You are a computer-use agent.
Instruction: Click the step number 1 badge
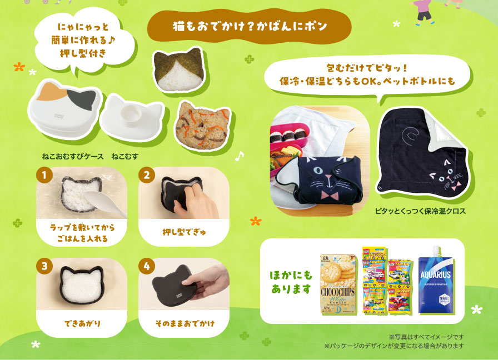(x=43, y=176)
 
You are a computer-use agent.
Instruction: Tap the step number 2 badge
(x=147, y=176)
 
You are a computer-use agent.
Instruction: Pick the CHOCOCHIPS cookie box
(x=338, y=284)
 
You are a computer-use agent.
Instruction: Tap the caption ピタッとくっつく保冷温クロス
(x=420, y=211)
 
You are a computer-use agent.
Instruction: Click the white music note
(x=240, y=156)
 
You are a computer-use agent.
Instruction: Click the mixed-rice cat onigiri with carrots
(x=201, y=124)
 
